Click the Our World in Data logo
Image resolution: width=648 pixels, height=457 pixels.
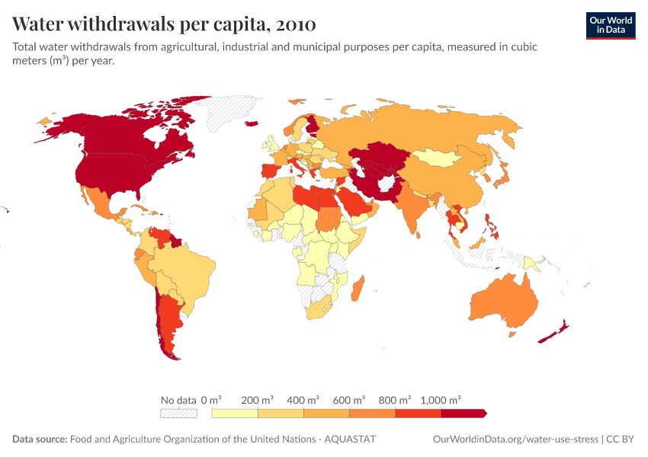point(610,24)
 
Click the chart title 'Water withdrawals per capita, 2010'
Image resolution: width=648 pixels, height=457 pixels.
point(164,24)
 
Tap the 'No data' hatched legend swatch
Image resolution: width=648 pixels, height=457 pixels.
point(178,413)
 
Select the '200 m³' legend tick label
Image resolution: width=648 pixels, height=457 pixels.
point(257,400)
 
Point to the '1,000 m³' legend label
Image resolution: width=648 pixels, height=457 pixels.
point(440,400)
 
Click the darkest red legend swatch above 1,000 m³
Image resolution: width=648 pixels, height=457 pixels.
point(464,413)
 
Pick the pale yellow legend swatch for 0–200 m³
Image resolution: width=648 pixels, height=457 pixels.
point(235,413)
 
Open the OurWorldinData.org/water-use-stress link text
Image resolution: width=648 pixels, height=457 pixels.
point(515,439)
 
